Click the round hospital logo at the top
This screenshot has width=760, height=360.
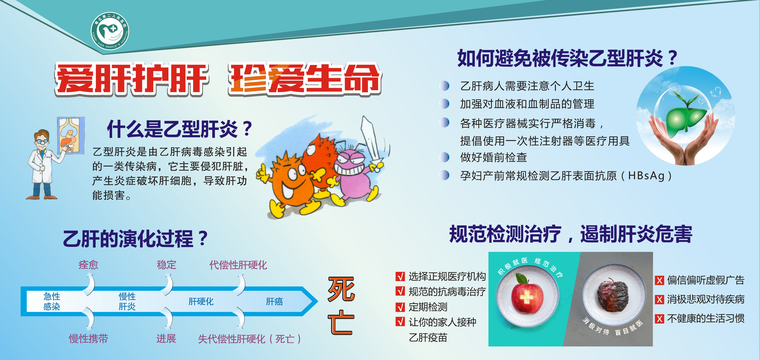pos(110,31)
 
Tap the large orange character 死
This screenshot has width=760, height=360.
pos(341,289)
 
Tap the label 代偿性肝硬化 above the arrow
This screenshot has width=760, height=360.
pos(238,265)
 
